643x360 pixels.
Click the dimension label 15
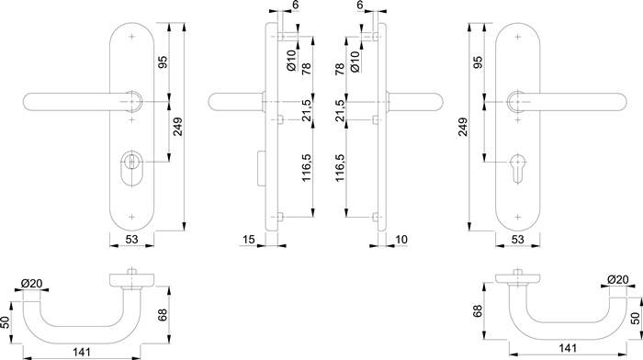[x=249, y=239]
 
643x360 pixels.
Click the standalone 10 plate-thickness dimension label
[x=400, y=239]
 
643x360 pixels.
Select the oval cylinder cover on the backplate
[x=131, y=169]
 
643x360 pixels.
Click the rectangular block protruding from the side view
[x=260, y=167]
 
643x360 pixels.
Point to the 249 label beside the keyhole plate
[x=462, y=128]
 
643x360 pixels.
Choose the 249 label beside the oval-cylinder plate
[x=177, y=128]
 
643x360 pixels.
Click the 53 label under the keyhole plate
[x=517, y=239]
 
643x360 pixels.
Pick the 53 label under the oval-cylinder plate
[x=131, y=239]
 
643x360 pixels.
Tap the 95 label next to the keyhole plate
[x=478, y=62]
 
